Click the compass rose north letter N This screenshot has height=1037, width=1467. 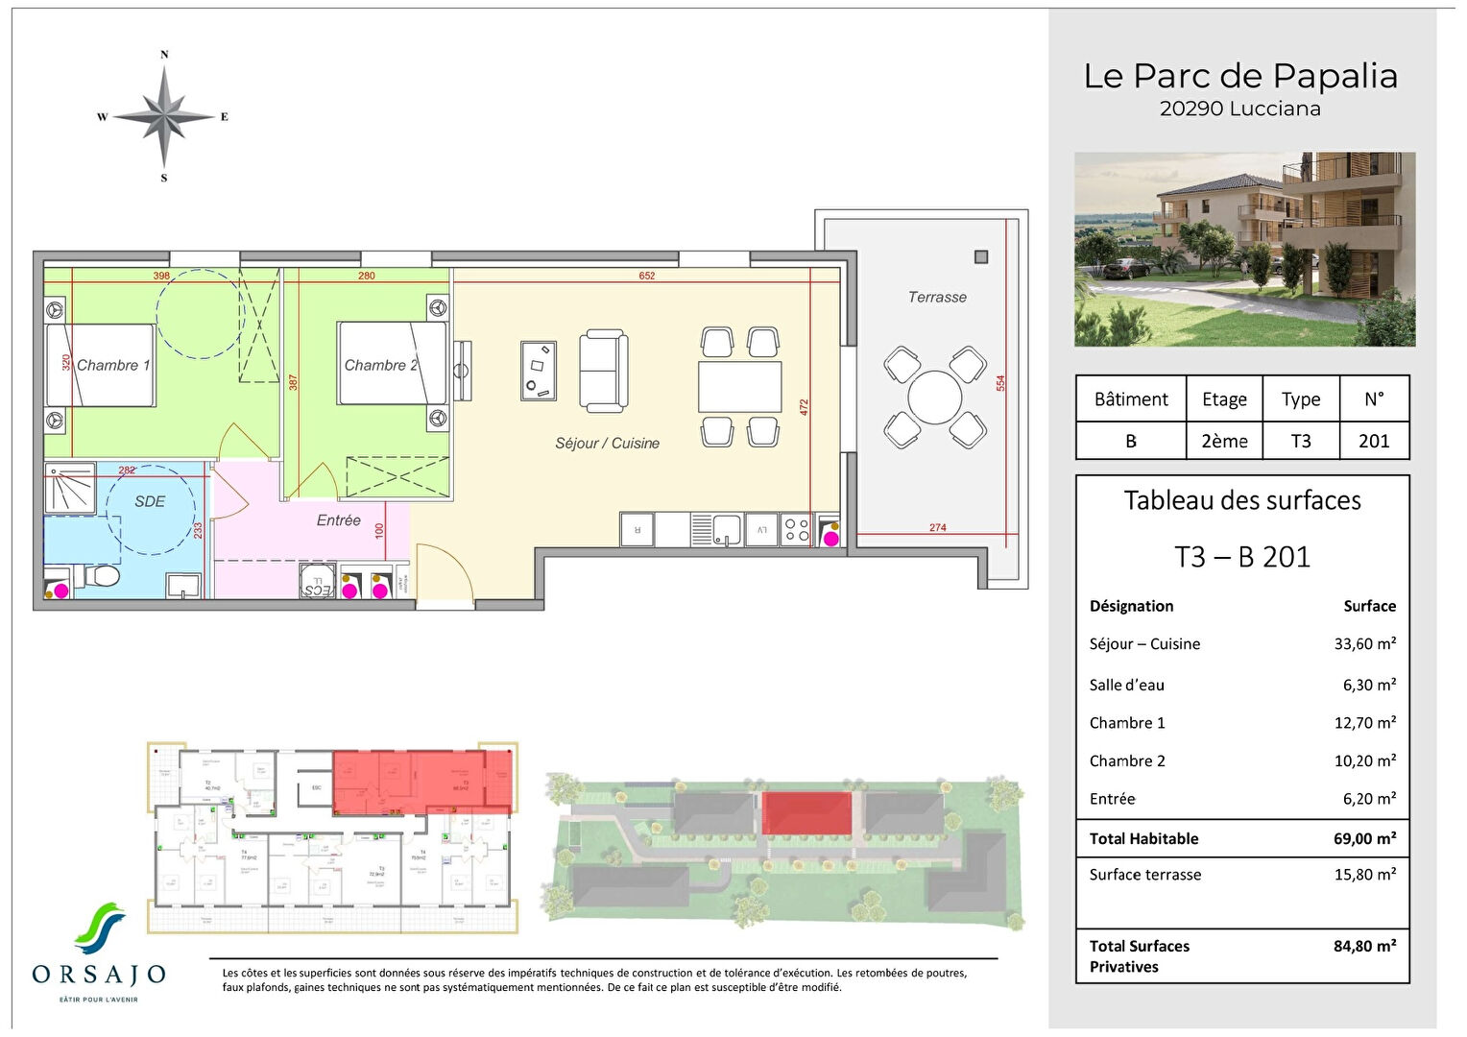164,55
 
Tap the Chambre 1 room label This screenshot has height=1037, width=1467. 113,366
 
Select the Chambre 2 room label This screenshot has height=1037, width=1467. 381,366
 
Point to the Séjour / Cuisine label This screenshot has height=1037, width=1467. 607,444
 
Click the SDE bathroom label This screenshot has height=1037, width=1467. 150,501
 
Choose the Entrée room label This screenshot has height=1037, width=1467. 339,520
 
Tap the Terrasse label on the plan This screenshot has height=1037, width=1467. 937,298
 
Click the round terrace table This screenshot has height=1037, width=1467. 934,398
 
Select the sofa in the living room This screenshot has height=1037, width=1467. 604,372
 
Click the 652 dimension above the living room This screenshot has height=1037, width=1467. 647,277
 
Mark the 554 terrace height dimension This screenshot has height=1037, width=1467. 1000,382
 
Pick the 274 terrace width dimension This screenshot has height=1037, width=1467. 938,528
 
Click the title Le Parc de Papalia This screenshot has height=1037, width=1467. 1240,76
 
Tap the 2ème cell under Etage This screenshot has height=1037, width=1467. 1224,442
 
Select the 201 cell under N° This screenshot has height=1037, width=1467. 1374,442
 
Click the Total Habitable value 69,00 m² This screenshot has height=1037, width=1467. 1364,839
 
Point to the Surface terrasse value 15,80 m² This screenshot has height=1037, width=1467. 1364,875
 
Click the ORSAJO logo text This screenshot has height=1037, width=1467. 99,976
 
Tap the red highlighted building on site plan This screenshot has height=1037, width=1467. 807,813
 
